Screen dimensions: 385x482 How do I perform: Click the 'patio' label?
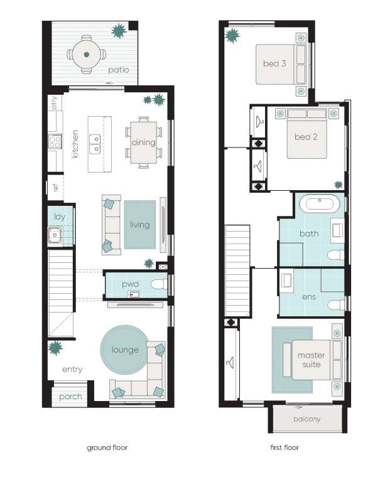(119, 70)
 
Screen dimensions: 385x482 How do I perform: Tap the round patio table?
(87, 55)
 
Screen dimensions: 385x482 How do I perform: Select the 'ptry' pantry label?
(55, 103)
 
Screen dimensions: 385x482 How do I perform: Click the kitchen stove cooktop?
(55, 142)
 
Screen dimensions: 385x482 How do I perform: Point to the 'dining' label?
(144, 142)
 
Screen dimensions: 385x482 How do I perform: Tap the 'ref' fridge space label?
(55, 187)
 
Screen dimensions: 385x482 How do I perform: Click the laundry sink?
(55, 235)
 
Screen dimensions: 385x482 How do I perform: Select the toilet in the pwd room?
(160, 284)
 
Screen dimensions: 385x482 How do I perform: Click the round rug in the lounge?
(124, 350)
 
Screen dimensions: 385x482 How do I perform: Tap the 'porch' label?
(70, 397)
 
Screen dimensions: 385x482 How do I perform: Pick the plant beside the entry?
(55, 348)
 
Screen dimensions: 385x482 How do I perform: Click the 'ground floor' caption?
(107, 447)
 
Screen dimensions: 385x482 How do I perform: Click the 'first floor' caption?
(285, 447)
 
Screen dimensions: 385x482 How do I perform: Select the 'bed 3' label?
(274, 63)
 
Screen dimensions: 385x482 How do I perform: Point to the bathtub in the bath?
(320, 203)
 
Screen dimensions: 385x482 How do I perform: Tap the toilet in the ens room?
(336, 305)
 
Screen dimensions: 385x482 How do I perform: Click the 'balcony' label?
(307, 419)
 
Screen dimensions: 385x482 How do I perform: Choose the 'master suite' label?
(311, 360)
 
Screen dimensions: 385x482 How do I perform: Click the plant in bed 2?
(339, 185)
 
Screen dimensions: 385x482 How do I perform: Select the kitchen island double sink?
(95, 144)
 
